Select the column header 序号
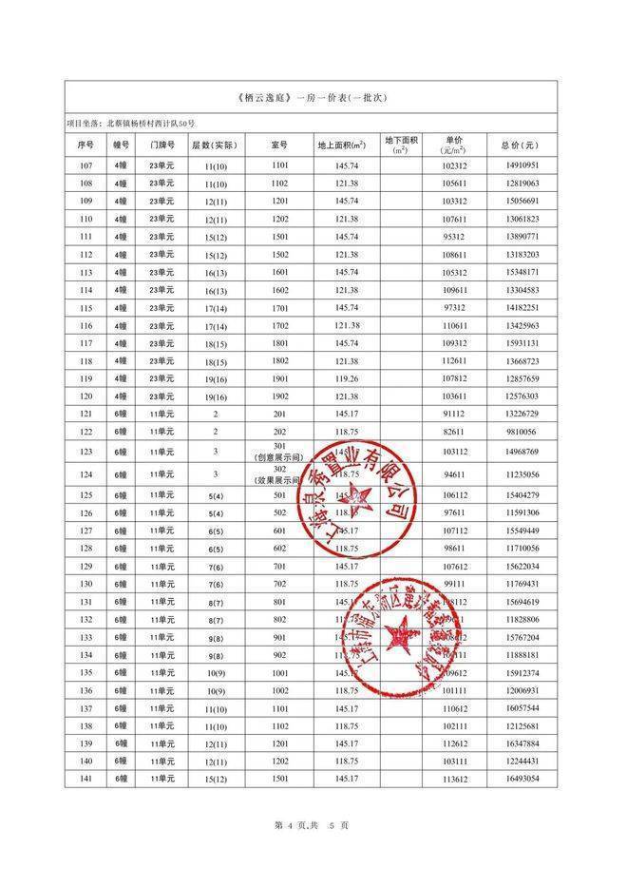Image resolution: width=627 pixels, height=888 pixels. (x=85, y=145)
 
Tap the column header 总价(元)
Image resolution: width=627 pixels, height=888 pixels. (x=519, y=145)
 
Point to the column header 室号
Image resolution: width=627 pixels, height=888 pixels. (x=279, y=145)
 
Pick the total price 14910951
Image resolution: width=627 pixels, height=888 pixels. (x=519, y=164)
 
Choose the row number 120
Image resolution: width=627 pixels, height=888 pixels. (x=85, y=396)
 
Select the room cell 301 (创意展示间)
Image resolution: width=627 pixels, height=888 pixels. (x=279, y=452)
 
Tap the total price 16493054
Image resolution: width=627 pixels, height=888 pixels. (x=519, y=779)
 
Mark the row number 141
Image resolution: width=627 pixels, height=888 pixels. (x=85, y=779)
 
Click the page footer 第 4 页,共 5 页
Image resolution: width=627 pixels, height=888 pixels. (x=313, y=824)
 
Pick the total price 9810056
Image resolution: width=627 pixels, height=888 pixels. (x=519, y=432)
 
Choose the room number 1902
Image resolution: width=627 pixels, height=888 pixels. (x=279, y=396)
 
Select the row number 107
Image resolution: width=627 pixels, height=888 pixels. (x=85, y=164)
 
